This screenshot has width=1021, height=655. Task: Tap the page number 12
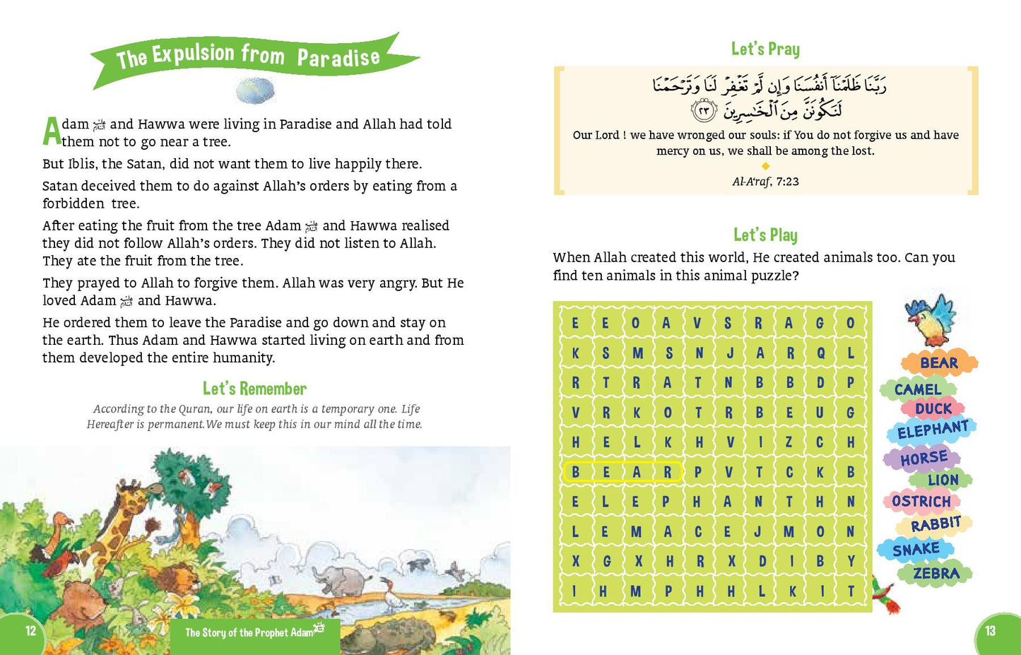pyautogui.click(x=30, y=631)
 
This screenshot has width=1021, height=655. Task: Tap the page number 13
pyautogui.click(x=990, y=631)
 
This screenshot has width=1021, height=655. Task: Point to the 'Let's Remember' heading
pyautogui.click(x=254, y=389)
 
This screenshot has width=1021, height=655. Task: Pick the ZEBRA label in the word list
pyautogui.click(x=936, y=573)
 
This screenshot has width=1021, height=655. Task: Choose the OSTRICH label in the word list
pyautogui.click(x=921, y=502)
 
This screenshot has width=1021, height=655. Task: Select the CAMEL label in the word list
pyautogui.click(x=918, y=389)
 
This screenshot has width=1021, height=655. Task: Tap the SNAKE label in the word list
pyautogui.click(x=916, y=549)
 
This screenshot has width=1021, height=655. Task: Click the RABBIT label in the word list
pyautogui.click(x=936, y=524)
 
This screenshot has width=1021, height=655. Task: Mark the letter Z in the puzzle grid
pyautogui.click(x=789, y=442)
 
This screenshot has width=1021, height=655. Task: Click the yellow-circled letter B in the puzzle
pyautogui.click(x=576, y=472)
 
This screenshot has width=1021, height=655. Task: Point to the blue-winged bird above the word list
pyautogui.click(x=931, y=319)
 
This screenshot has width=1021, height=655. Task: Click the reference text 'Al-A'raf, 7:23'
pyautogui.click(x=765, y=182)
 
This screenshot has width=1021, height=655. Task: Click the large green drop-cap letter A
pyautogui.click(x=52, y=131)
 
